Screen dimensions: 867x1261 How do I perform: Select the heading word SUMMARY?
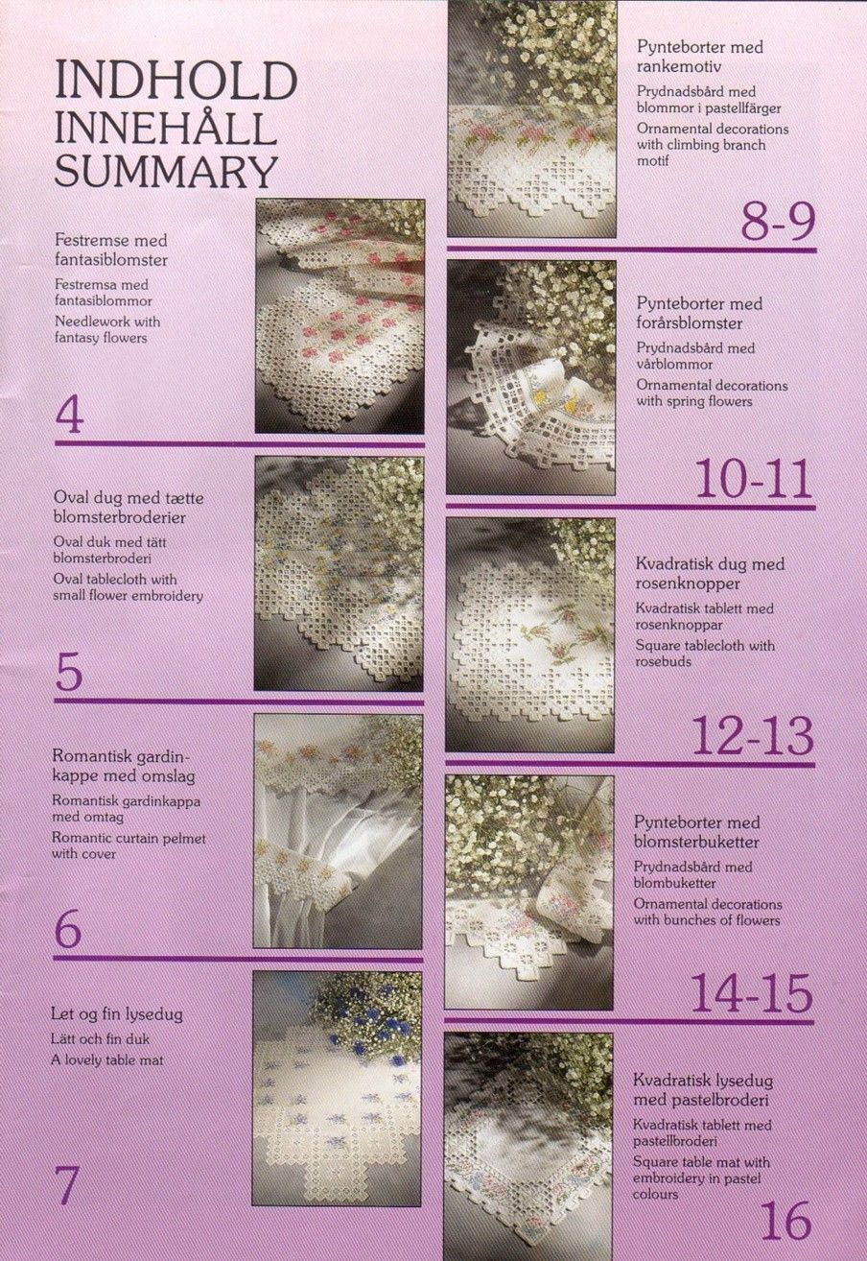coord(167,172)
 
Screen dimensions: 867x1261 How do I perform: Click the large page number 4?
coord(70,416)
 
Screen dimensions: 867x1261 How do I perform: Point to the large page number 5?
coord(69,674)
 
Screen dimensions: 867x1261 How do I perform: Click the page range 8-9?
coord(777,221)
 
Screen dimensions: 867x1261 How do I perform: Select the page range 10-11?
coord(754,478)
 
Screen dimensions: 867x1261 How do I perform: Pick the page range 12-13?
coord(752,736)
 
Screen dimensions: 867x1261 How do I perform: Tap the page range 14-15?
coord(752,992)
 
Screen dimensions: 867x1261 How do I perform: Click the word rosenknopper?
coord(680,583)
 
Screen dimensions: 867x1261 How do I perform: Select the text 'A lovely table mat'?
coord(106,1060)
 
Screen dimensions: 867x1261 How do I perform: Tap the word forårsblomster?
coord(690,323)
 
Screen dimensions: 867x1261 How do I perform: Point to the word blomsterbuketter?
coord(696,842)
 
